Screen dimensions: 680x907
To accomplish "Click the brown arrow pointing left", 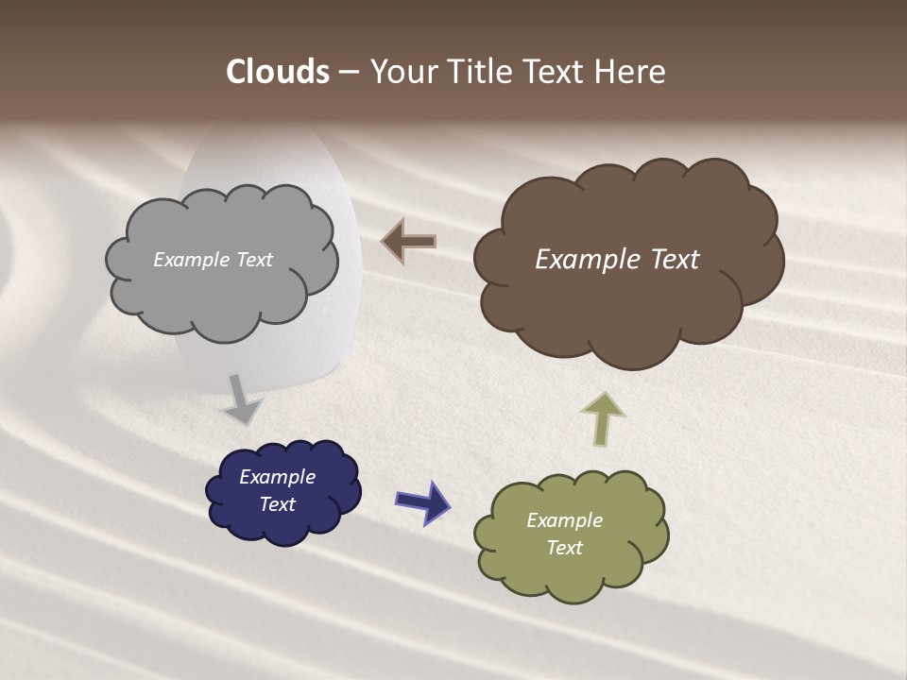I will coord(409,242).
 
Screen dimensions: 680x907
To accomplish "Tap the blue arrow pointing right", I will coord(422,501).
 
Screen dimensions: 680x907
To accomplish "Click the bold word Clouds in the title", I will coord(278,72).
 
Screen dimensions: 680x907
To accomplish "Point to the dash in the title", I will coord(348,72).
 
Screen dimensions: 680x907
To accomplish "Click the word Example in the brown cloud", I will coord(583,260).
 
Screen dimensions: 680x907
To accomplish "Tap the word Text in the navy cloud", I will coord(278,504).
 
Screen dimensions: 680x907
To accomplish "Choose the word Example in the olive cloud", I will coord(564,520).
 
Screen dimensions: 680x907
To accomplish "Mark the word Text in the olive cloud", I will coord(564,548).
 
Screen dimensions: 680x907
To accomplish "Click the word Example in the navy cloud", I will coord(278,477).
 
